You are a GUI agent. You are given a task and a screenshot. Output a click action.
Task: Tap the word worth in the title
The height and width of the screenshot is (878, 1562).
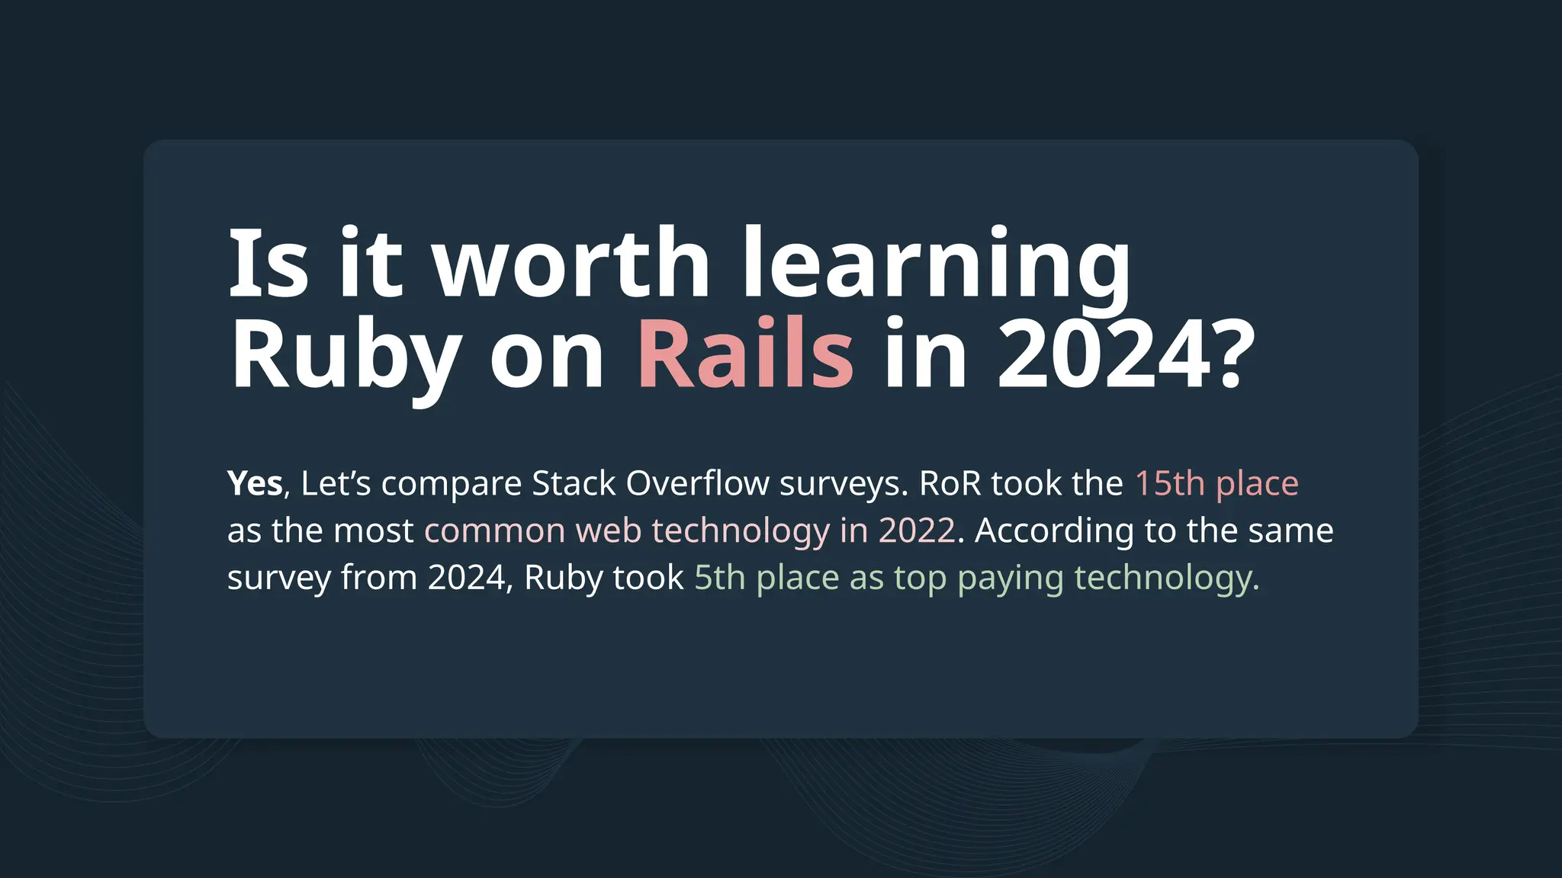(572, 263)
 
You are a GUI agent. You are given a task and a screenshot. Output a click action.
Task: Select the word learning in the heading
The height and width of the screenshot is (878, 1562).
(937, 263)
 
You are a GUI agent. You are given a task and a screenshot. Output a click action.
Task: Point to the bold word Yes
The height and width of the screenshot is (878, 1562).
(255, 484)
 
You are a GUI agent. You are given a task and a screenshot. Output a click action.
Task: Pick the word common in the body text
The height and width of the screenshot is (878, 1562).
(494, 531)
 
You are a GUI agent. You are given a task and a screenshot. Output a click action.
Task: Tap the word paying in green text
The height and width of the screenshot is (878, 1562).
(1010, 578)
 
